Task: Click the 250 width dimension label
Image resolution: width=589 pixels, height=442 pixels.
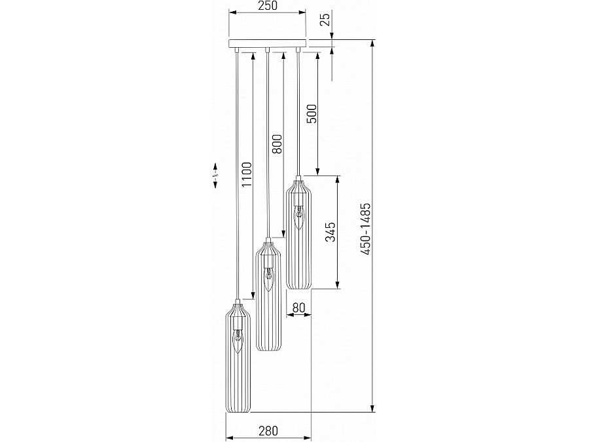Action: coord(268,6)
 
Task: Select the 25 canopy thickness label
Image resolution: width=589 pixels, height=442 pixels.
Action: coord(326,19)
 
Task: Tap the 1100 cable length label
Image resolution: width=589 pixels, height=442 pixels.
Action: coord(247,175)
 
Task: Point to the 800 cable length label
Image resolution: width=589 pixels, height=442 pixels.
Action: coord(276,144)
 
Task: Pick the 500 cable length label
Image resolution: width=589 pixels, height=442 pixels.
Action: coord(312,113)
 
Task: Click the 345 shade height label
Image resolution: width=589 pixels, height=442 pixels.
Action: coord(330,232)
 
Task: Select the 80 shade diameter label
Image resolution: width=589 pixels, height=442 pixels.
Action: coord(298,308)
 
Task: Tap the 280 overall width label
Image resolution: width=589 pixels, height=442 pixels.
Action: coord(268,431)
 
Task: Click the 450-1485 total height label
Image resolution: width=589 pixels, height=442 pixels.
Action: coord(365,229)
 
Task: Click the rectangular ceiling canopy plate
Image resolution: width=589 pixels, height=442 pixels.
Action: coord(268,43)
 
